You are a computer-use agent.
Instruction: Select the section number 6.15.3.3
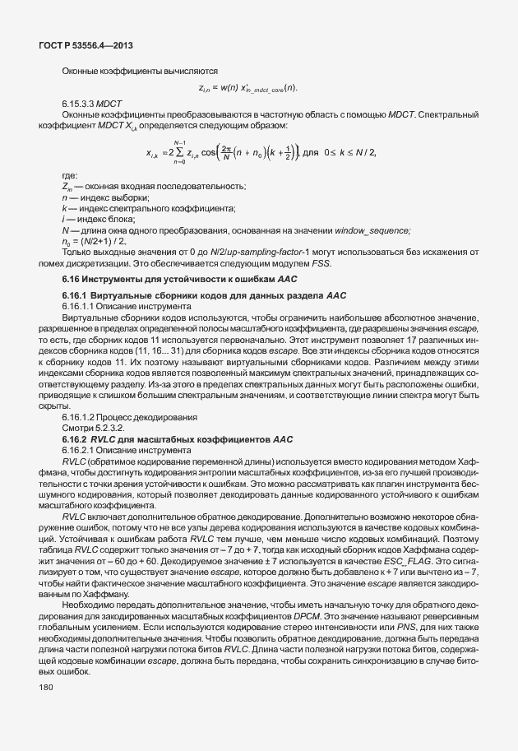click(79, 104)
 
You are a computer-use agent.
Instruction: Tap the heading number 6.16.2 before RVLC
click(76, 439)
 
